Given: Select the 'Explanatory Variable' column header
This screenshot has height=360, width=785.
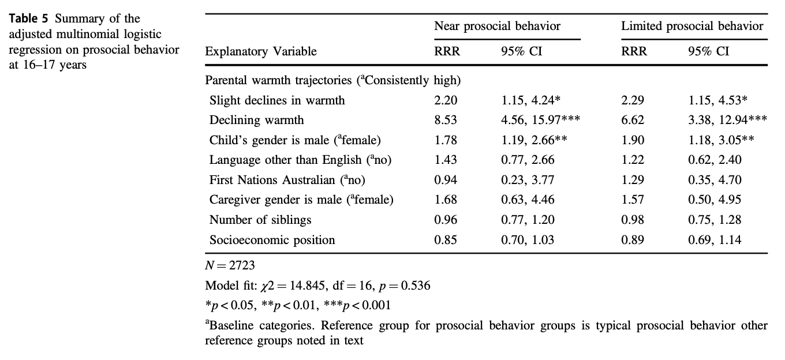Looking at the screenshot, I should point(261,51).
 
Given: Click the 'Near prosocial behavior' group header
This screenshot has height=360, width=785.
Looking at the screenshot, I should point(497,26).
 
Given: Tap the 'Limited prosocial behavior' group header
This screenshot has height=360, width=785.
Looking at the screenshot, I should point(692,26).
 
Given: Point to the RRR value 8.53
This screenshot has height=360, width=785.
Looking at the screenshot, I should point(446,121).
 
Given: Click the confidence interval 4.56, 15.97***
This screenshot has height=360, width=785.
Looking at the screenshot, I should point(540,121).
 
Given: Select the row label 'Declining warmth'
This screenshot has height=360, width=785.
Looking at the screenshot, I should point(256,121).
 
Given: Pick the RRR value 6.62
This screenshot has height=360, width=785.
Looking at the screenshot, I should point(633,121).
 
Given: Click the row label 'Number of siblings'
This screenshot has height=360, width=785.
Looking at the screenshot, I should point(260,220).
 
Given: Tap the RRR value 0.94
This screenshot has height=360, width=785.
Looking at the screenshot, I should point(446,180).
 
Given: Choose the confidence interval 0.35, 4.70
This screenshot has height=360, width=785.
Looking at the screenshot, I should point(715,180).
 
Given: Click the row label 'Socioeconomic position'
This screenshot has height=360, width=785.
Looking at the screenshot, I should point(272,239).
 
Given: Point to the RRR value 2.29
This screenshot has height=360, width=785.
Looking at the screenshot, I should point(633,100).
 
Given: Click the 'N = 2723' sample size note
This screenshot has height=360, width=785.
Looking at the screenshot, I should point(230,267).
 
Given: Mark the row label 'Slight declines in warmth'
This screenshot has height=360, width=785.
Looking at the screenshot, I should point(277,100).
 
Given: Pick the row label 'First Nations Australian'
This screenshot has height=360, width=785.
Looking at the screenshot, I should point(287,180).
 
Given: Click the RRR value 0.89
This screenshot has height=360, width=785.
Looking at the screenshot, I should point(633,239).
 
